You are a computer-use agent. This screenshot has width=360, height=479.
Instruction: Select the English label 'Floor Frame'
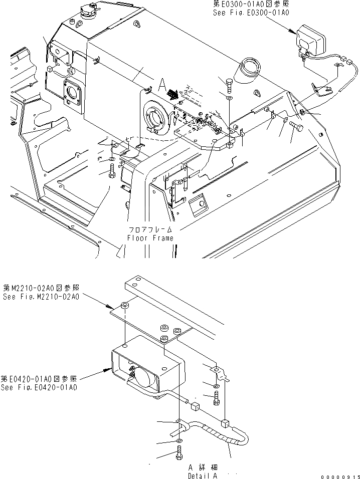[150, 238]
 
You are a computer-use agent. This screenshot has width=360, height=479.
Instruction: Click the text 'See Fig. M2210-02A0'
[41, 297]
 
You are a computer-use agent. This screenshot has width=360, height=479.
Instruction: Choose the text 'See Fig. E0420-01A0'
[40, 387]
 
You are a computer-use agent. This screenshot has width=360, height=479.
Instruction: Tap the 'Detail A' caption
[203, 475]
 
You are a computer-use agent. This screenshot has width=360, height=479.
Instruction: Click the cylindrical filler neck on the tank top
[249, 72]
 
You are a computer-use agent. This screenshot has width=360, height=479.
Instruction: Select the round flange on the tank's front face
[156, 118]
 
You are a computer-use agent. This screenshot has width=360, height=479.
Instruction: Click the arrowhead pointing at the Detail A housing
[107, 370]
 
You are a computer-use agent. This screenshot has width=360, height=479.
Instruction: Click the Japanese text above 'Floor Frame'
[150, 229]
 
